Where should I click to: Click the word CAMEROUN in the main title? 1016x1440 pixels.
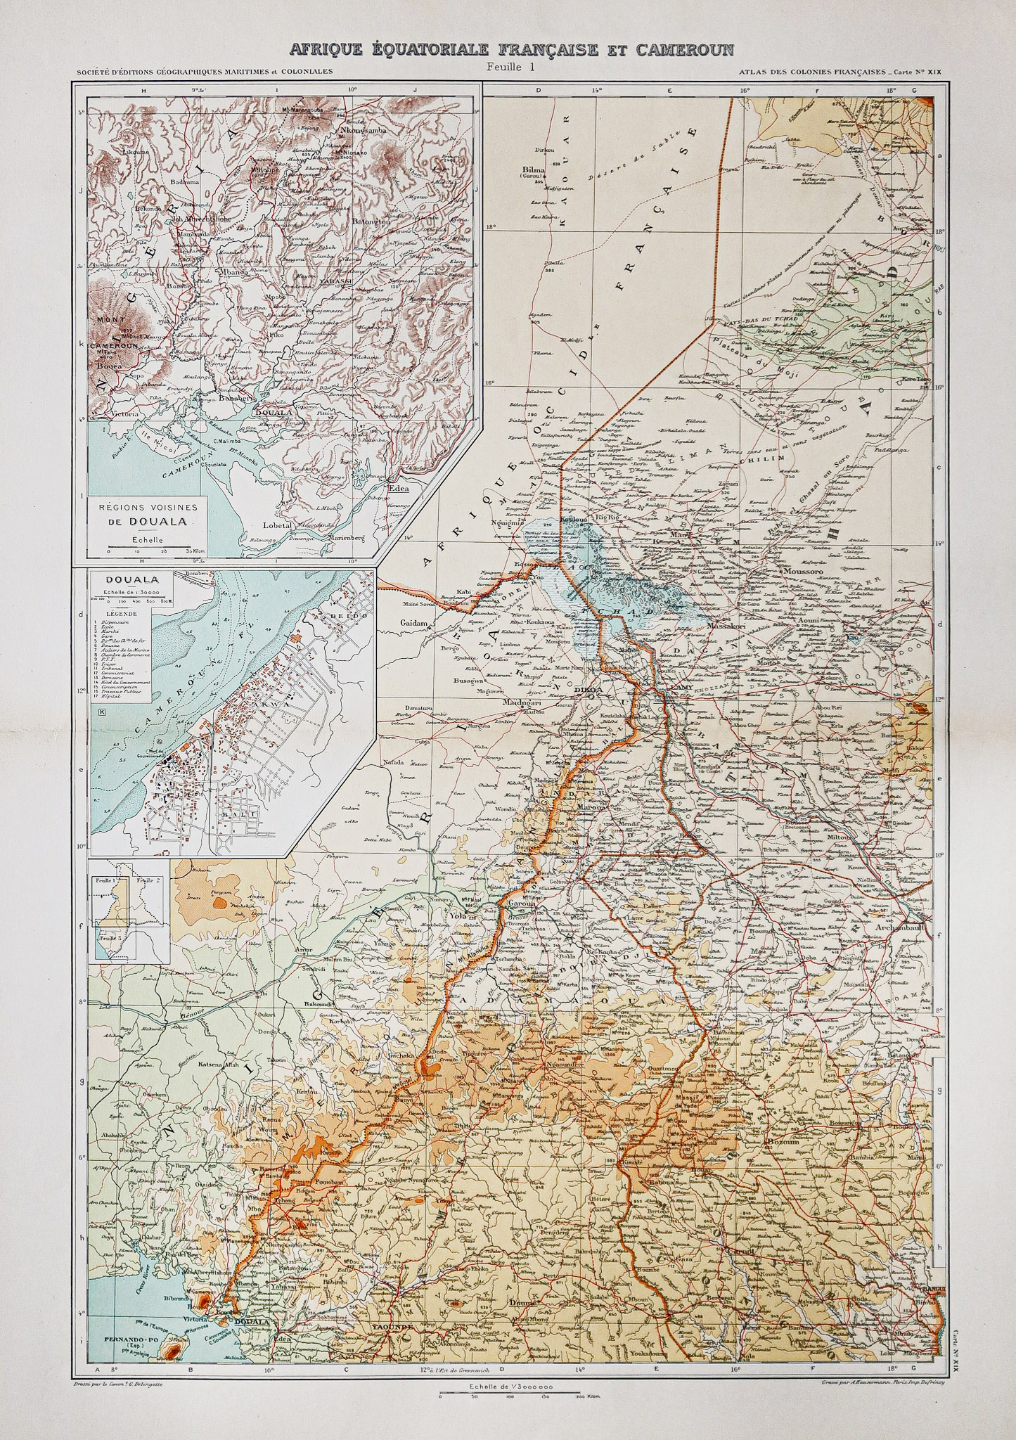(x=684, y=49)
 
